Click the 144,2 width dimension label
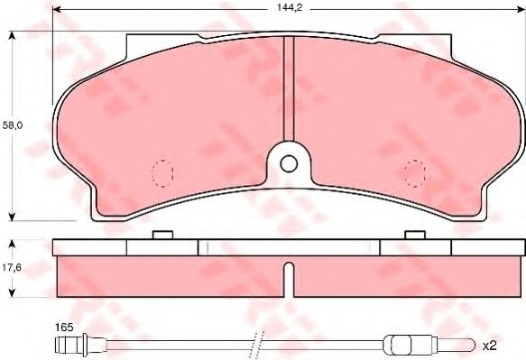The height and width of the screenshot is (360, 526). (x=290, y=8)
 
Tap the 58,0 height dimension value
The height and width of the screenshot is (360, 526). (x=13, y=125)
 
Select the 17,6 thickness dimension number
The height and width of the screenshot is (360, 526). (x=12, y=267)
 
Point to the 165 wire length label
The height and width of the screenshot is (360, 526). (x=64, y=327)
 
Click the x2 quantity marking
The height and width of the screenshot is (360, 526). (x=489, y=346)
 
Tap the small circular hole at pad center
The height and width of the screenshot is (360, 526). (x=289, y=164)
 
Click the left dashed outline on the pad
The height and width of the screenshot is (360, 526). (x=162, y=173)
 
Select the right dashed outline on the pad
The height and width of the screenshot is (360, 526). (x=415, y=173)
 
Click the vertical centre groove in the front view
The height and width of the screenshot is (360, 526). (x=289, y=88)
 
